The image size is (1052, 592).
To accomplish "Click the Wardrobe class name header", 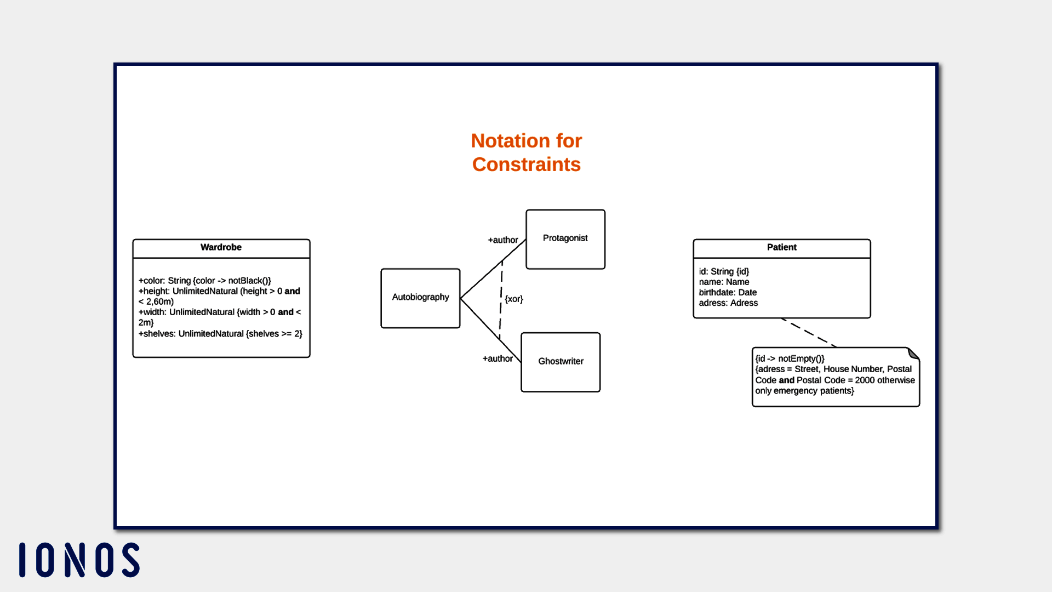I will pyautogui.click(x=221, y=248).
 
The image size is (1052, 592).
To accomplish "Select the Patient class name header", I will pyautogui.click(x=781, y=248).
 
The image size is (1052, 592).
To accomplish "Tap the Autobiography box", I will pyautogui.click(x=420, y=298).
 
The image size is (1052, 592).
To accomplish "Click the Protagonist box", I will pyautogui.click(x=565, y=238).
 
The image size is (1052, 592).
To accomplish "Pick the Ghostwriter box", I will pyautogui.click(x=561, y=362).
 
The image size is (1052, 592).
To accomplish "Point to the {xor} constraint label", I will pyautogui.click(x=514, y=299).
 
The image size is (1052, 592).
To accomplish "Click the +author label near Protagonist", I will pyautogui.click(x=502, y=240).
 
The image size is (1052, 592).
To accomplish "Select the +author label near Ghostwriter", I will pyautogui.click(x=498, y=359).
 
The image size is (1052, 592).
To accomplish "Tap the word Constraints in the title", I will pyautogui.click(x=526, y=164).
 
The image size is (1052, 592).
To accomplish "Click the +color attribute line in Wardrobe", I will pyautogui.click(x=204, y=281).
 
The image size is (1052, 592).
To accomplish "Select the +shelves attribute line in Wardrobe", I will pyautogui.click(x=220, y=334).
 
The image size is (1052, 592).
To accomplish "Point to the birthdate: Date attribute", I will pyautogui.click(x=728, y=293).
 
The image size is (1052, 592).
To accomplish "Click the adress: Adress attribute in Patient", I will pyautogui.click(x=728, y=303).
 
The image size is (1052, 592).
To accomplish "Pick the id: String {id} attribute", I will pyautogui.click(x=724, y=271).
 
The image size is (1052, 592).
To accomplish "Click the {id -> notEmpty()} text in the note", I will pyautogui.click(x=790, y=359).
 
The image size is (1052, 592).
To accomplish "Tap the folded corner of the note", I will pyautogui.click(x=913, y=353).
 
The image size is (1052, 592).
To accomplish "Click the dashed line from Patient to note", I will pyautogui.click(x=809, y=332).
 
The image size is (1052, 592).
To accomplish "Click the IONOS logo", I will pyautogui.click(x=79, y=560).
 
